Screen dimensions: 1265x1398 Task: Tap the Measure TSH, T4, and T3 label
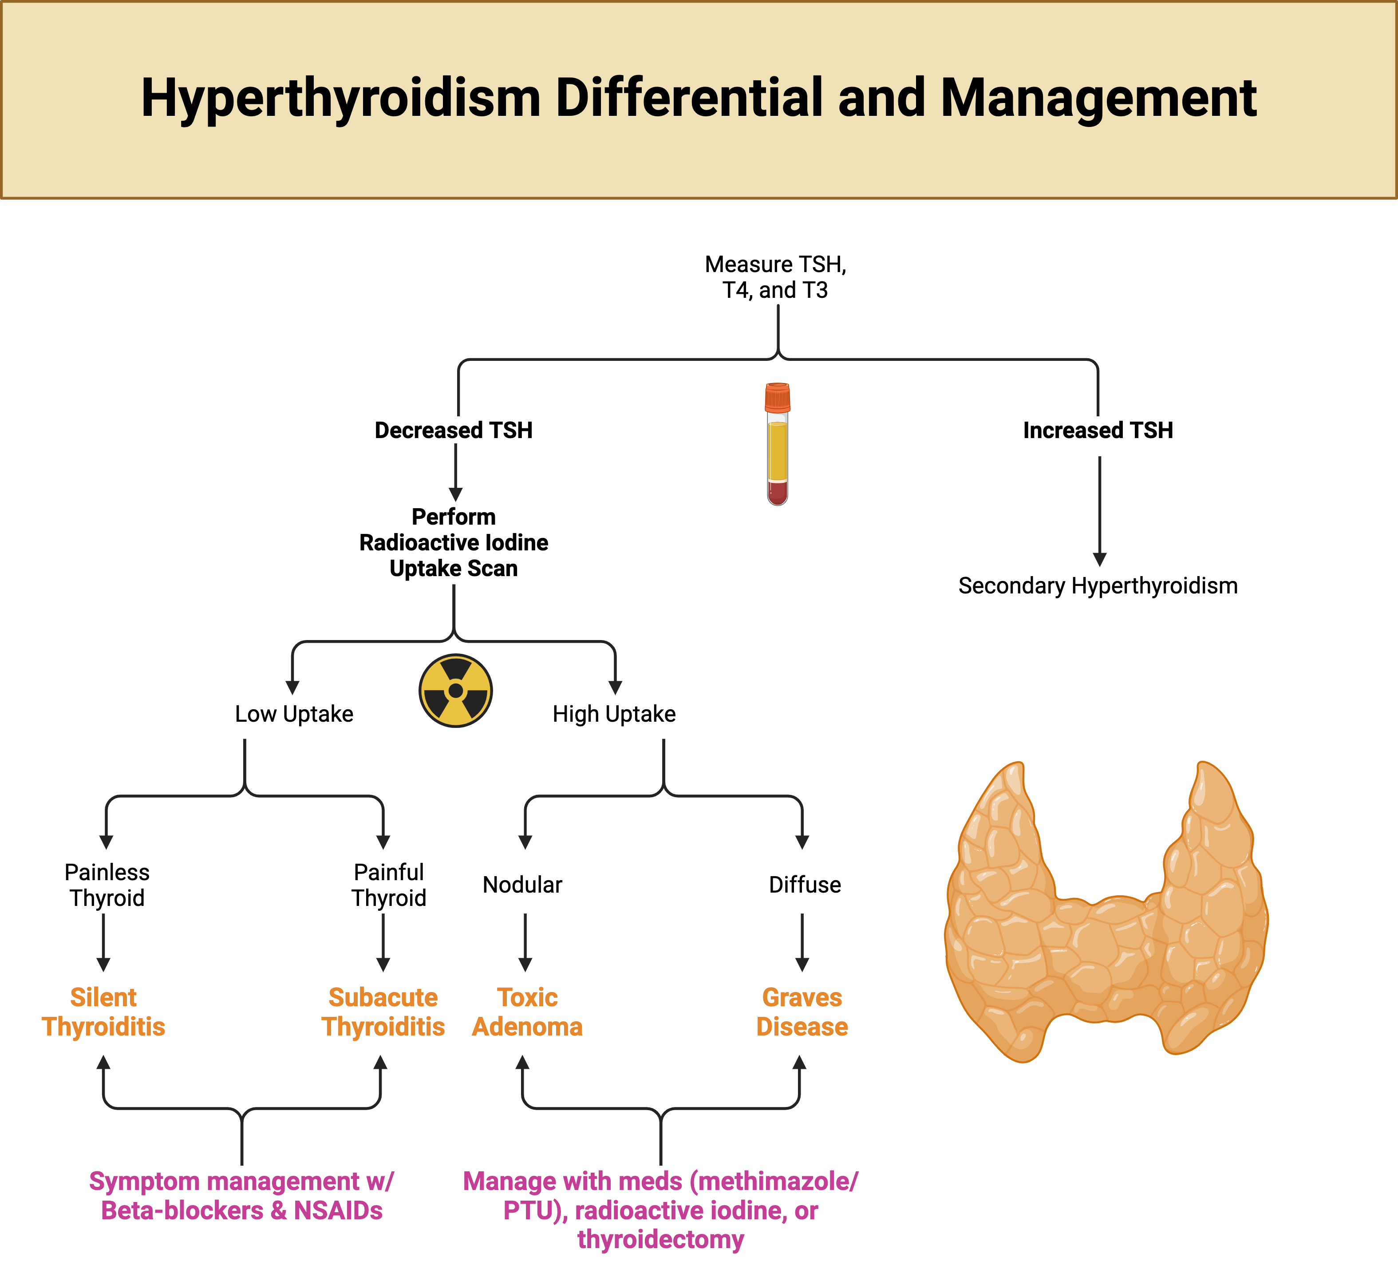(775, 277)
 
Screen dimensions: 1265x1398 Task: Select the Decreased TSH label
(454, 430)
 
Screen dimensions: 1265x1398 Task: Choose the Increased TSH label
(1098, 430)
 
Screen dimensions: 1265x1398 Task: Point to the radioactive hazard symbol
(456, 690)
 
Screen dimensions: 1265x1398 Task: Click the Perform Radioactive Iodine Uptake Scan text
(454, 542)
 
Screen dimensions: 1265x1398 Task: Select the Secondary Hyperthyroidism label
(1098, 585)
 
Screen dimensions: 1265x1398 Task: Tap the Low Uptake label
(294, 714)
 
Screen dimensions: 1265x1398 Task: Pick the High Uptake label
(614, 714)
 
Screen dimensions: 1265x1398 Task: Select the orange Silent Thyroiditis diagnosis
(103, 1012)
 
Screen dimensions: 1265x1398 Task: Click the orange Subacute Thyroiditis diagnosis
(383, 1012)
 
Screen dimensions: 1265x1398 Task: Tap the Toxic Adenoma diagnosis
(527, 1012)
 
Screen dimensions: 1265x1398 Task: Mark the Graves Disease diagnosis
(802, 1012)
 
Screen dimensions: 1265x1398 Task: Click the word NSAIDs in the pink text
(338, 1210)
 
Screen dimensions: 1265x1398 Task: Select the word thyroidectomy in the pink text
(660, 1239)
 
